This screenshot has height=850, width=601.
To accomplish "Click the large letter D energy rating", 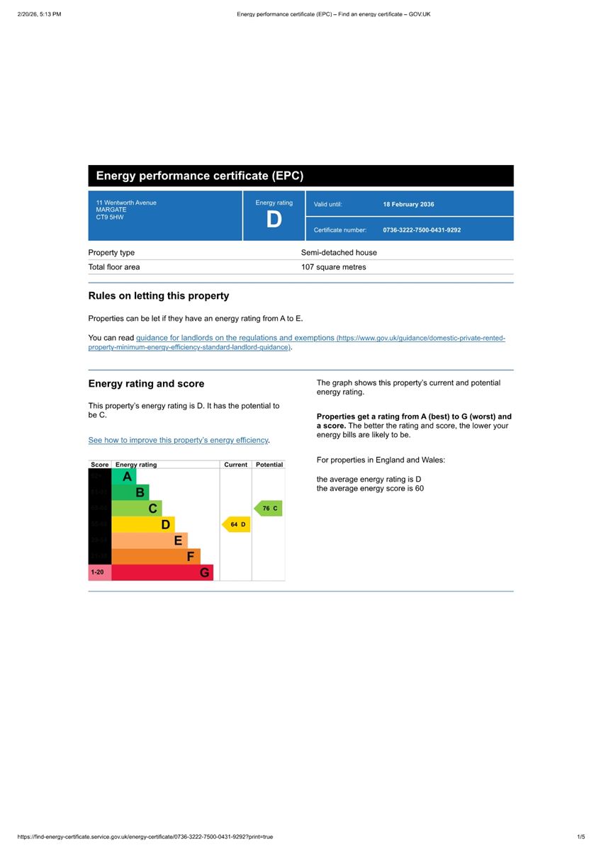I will [x=274, y=220].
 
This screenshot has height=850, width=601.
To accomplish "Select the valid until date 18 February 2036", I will [x=408, y=205].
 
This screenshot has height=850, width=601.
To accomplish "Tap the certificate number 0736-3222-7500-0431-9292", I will [x=422, y=230].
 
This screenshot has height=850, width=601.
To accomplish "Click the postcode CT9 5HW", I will [x=110, y=217].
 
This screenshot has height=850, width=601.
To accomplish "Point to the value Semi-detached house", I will [x=339, y=253].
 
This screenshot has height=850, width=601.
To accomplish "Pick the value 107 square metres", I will [x=333, y=268].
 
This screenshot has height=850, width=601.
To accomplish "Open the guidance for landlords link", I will [x=235, y=339].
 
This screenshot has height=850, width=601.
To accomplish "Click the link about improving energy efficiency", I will [x=178, y=441].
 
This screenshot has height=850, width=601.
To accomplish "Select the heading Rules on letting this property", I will [x=158, y=296].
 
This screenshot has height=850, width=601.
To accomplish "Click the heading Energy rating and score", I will [x=146, y=384].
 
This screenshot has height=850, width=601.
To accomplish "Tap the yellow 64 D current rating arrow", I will [x=237, y=525].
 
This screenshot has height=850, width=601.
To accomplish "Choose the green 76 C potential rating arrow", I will [x=269, y=509].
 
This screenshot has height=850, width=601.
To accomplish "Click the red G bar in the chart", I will [x=162, y=572].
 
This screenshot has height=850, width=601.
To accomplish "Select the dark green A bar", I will [x=124, y=477].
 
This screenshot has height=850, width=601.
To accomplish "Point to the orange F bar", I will [x=156, y=557].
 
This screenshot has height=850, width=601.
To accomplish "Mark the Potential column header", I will [x=269, y=465].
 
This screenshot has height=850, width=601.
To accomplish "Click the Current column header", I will [x=235, y=465].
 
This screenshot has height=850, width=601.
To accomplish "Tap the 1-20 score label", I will [x=98, y=572].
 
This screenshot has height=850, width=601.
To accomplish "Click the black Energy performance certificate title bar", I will [x=300, y=176].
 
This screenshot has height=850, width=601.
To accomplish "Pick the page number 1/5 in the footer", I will [x=581, y=837].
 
